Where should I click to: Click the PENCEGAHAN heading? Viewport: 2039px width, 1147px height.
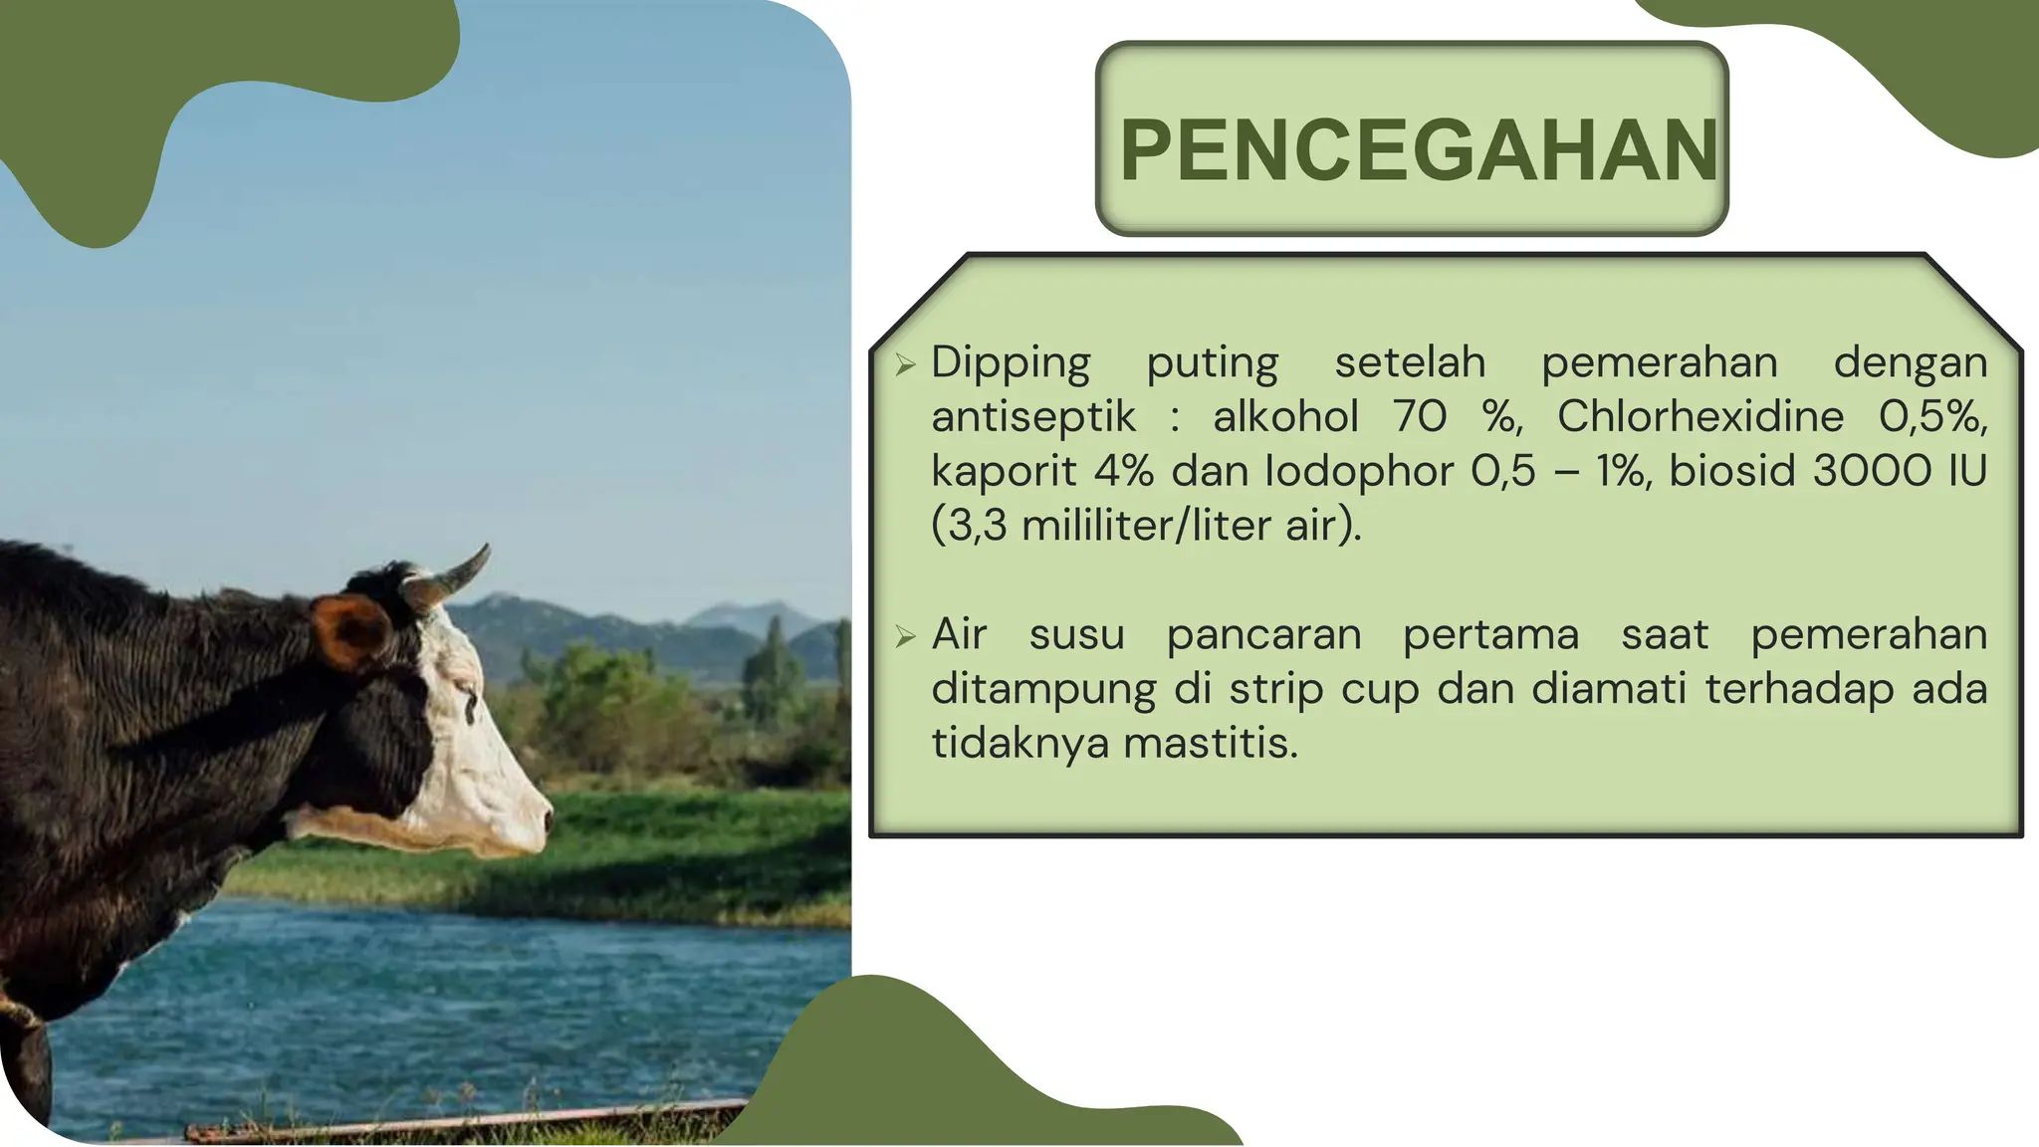coord(1418,150)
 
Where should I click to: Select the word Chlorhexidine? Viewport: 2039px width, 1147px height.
coord(1699,417)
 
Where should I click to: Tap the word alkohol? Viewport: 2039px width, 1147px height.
coord(1284,417)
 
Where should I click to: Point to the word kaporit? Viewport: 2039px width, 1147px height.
coord(1003,472)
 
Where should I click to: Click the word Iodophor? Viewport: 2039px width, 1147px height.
coord(1358,472)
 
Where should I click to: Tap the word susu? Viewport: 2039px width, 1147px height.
coord(1076,635)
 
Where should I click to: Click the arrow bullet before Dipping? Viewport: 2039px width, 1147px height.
coord(904,364)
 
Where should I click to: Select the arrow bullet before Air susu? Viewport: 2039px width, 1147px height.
coord(904,636)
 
